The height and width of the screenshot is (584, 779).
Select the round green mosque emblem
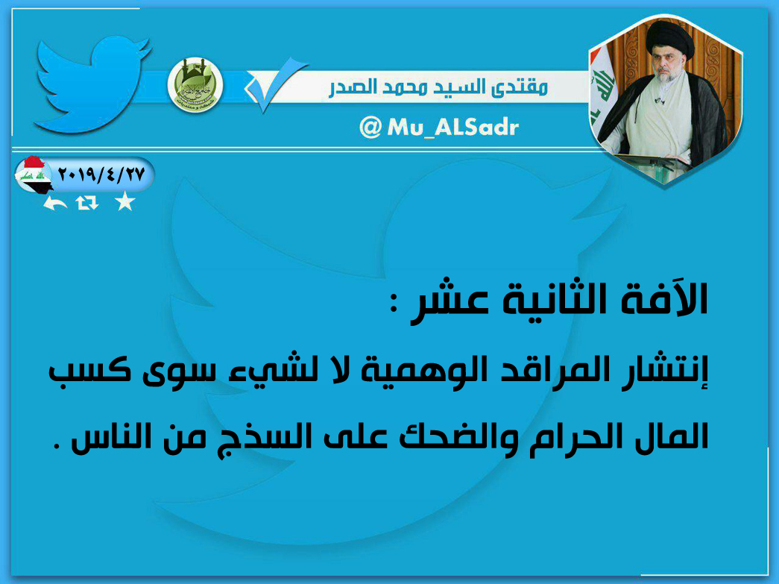click(x=195, y=85)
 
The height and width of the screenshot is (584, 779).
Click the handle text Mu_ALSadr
click(x=452, y=128)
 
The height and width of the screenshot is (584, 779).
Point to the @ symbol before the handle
click(x=370, y=128)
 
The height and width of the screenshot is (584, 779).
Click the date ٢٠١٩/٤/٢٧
click(x=101, y=174)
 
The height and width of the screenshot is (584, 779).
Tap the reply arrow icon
click(x=55, y=203)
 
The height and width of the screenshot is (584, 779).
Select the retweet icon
click(x=87, y=203)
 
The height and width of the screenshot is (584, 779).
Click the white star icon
click(x=124, y=201)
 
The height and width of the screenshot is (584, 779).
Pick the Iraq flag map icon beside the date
click(x=33, y=175)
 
